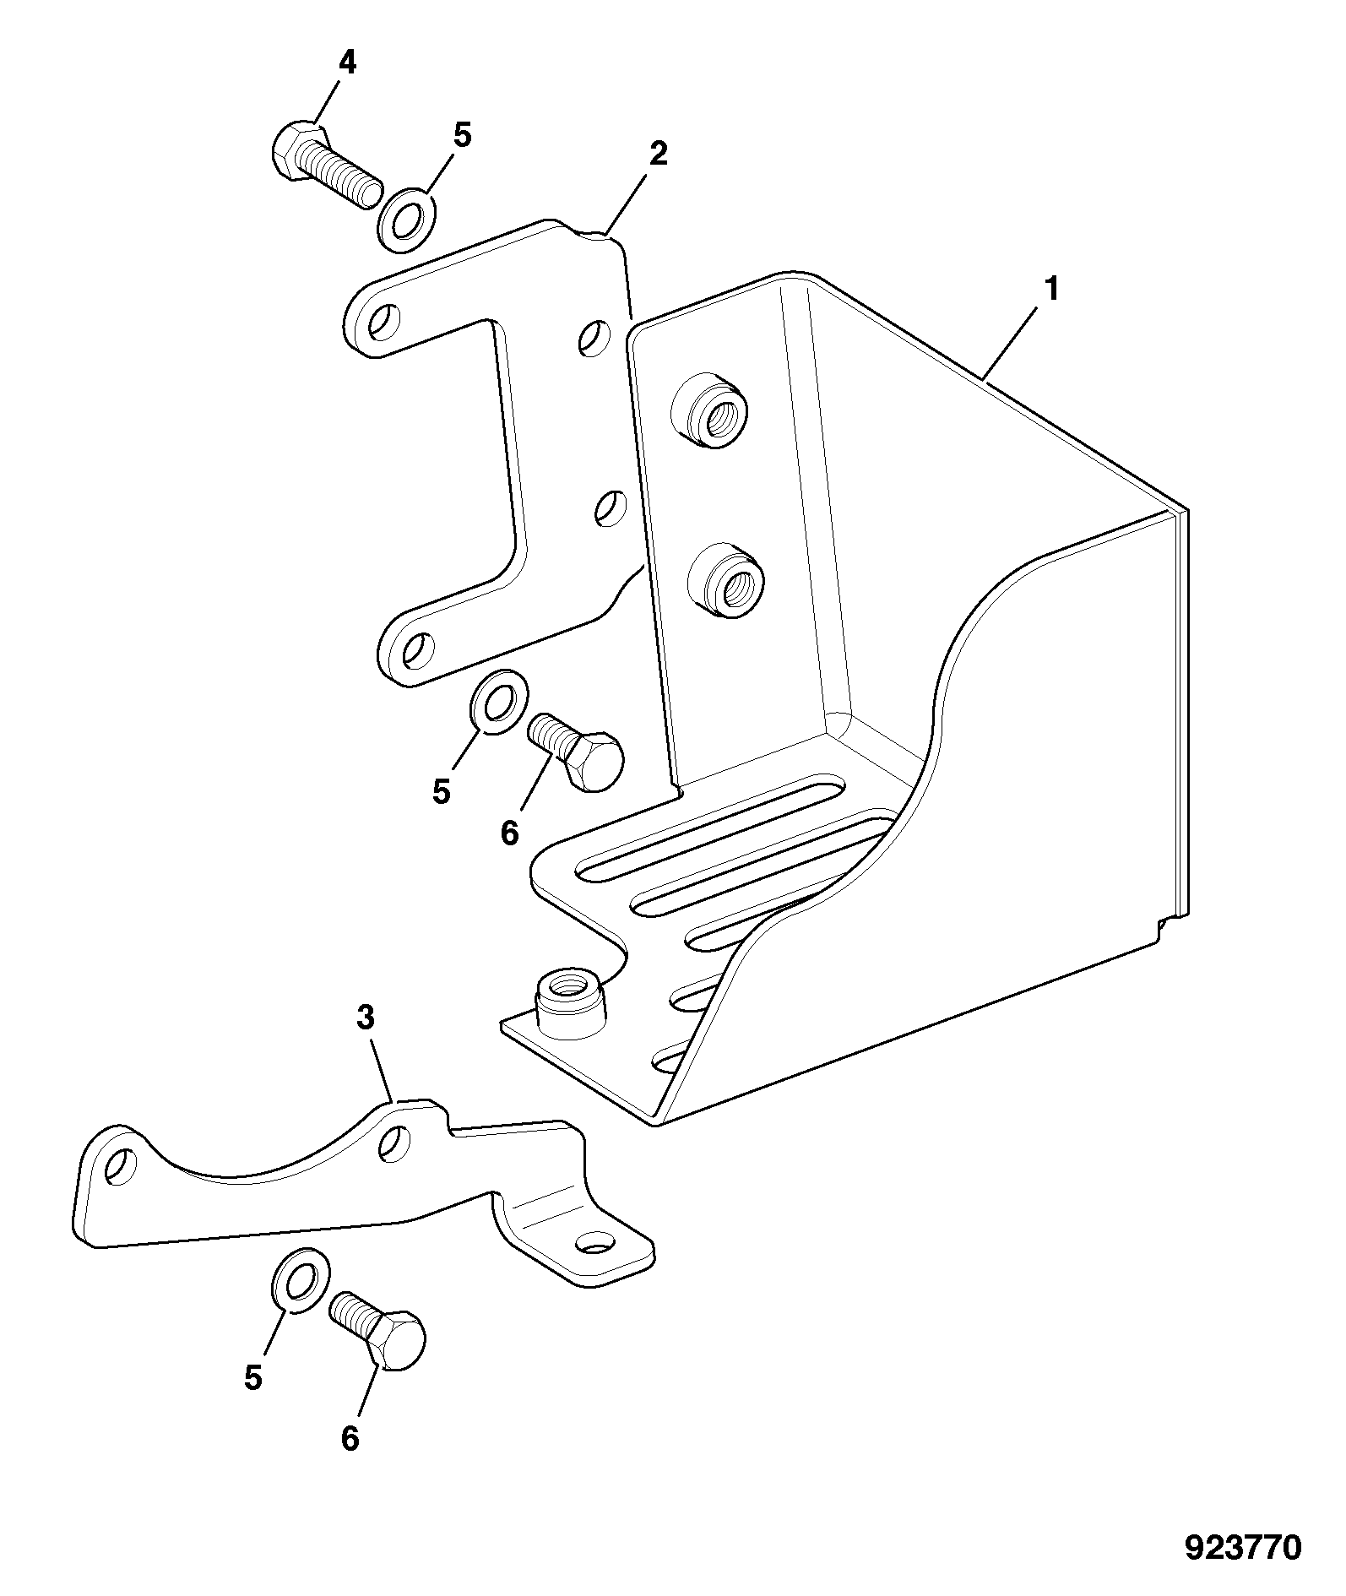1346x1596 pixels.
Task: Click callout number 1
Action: (x=1051, y=290)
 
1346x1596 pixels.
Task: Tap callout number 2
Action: (x=658, y=154)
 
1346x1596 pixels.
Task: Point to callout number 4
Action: (x=347, y=63)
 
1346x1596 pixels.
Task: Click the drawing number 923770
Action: (x=1243, y=1548)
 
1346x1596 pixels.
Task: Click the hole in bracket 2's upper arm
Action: (x=384, y=320)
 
